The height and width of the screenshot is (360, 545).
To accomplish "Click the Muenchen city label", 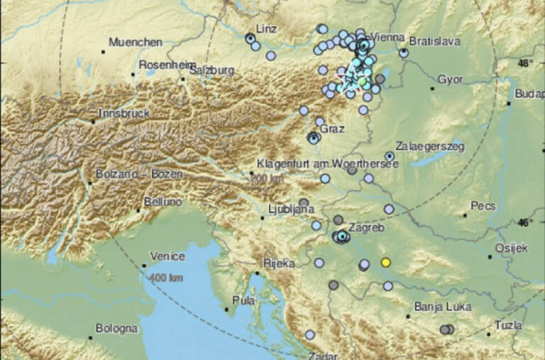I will (x=136, y=43).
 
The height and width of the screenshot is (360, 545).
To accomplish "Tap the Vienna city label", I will (x=387, y=37).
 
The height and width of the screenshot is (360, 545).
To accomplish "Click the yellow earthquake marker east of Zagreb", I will (x=386, y=262).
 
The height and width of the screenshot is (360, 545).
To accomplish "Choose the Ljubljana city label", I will (x=291, y=210).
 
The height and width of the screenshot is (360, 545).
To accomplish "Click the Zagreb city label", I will (x=367, y=229).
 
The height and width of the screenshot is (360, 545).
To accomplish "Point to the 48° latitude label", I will (x=525, y=63).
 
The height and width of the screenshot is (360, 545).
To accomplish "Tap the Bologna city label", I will (x=117, y=329).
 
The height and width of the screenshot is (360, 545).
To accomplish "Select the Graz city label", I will (x=332, y=129).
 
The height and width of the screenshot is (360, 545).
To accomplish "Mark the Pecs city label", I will (x=483, y=205).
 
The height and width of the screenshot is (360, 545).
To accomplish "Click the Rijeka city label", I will (x=278, y=263).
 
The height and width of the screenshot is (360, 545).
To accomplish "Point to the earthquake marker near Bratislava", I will (x=403, y=53).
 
